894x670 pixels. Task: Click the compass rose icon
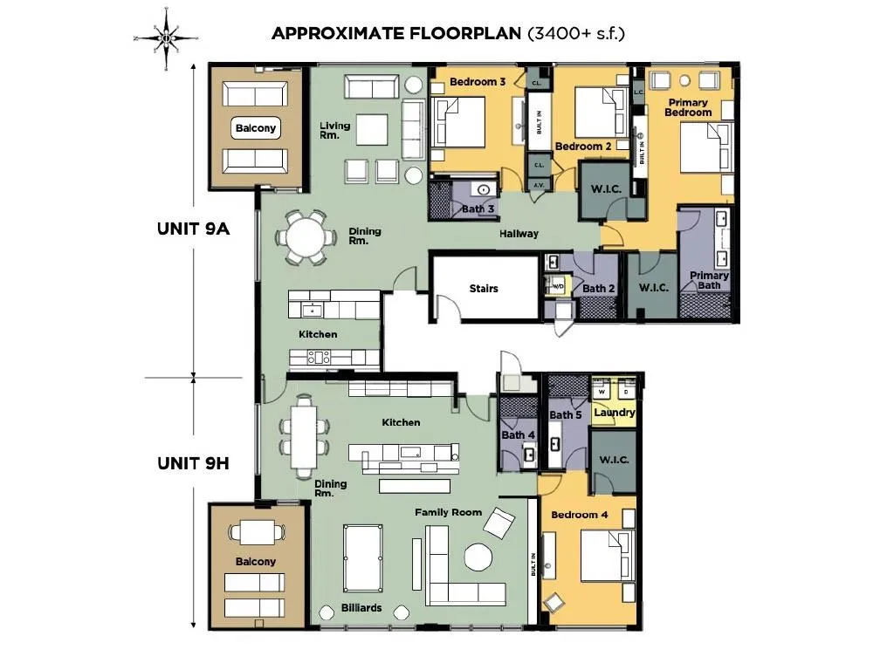166,38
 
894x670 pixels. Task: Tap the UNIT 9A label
193,229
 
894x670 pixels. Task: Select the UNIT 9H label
193,463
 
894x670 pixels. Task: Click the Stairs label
484,288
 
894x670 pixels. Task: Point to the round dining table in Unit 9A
306,237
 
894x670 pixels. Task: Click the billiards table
362,558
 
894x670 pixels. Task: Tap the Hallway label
519,233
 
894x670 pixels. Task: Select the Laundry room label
614,413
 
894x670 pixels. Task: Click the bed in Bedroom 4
607,556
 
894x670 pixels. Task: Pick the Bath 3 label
478,209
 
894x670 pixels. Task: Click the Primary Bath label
709,280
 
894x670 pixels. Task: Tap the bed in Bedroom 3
458,122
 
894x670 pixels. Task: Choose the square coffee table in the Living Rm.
372,129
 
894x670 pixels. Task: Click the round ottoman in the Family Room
478,557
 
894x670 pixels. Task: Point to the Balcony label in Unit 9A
256,127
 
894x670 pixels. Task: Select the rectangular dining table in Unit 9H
304,436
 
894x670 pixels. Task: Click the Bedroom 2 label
583,146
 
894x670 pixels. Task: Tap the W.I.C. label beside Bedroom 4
614,459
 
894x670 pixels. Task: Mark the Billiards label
361,608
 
